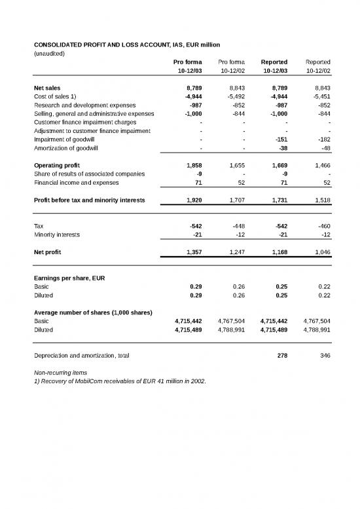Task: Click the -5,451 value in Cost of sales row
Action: (320, 96)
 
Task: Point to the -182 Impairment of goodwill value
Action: (321, 139)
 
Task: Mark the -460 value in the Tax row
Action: (321, 225)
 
